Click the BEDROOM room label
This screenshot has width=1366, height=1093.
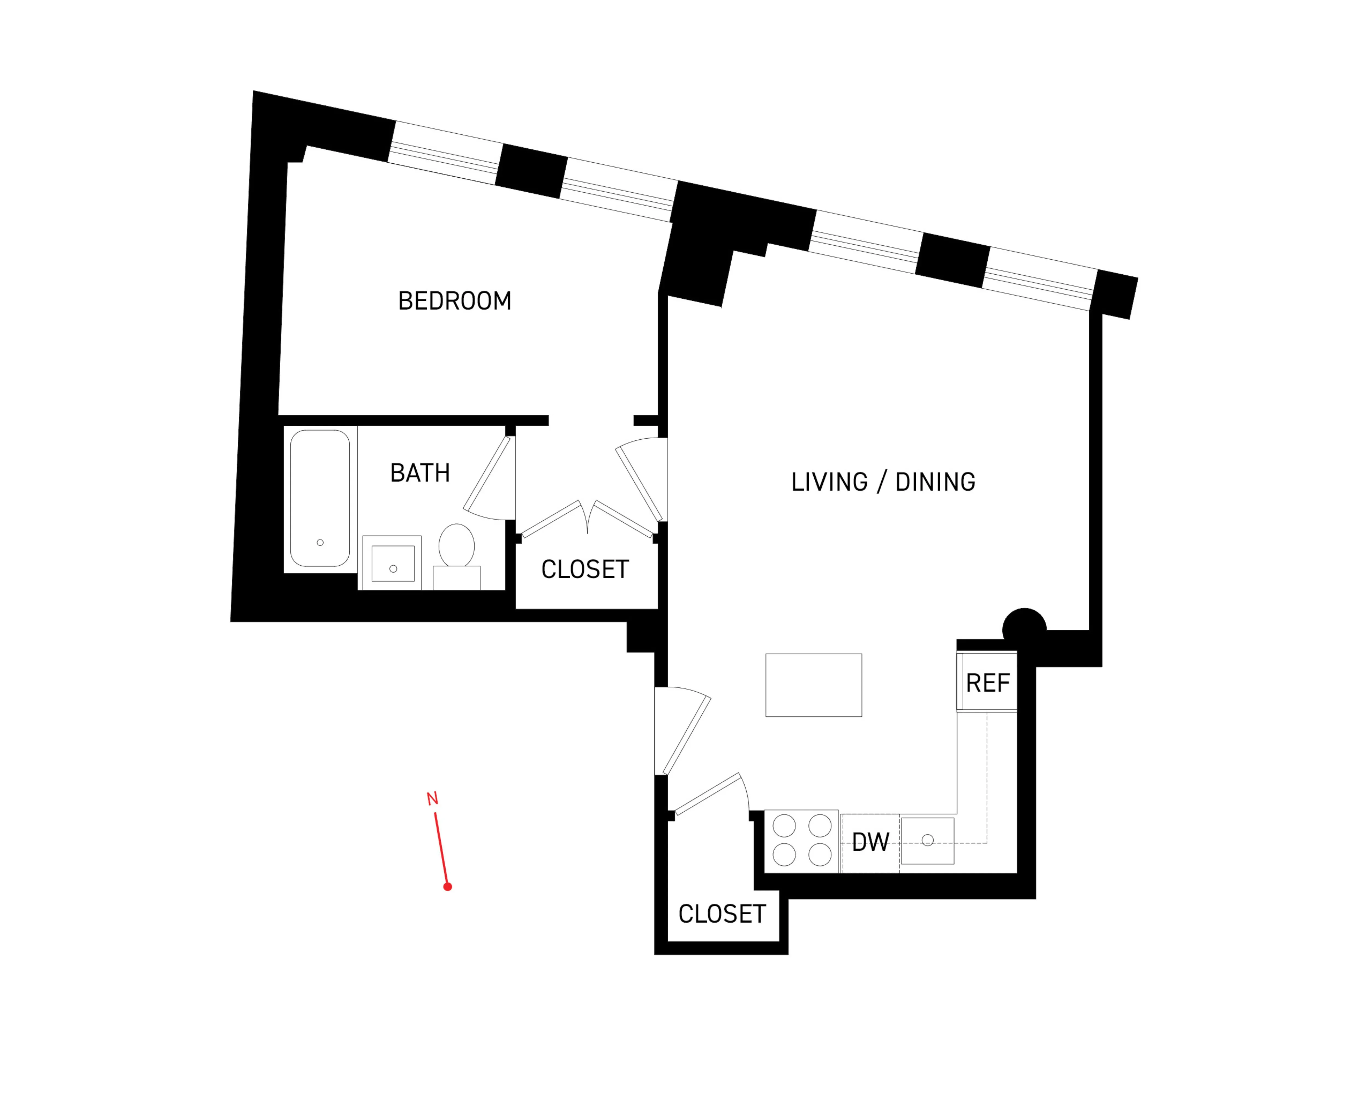454,301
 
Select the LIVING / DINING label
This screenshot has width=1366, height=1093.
883,482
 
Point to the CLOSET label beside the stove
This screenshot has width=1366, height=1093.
722,914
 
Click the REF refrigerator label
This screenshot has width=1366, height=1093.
987,683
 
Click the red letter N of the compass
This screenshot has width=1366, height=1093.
432,799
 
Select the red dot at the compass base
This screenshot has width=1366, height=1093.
447,886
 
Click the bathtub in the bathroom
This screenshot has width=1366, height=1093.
320,497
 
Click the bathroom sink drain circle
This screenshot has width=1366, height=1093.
393,568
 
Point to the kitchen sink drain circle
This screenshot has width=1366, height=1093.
928,840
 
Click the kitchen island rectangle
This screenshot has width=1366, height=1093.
814,685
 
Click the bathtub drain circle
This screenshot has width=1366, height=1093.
320,542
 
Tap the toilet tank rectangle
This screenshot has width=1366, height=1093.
456,577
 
